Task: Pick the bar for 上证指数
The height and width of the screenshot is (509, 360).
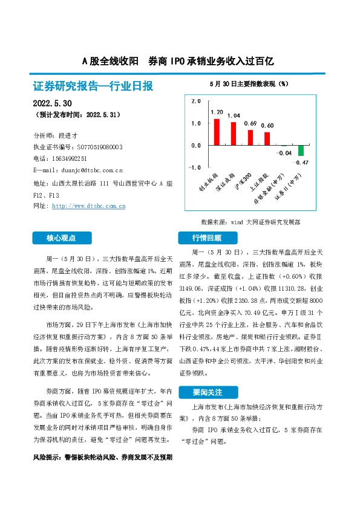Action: (x=267, y=139)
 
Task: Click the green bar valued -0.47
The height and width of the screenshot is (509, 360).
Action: (x=301, y=151)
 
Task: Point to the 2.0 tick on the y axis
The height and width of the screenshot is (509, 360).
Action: (x=195, y=101)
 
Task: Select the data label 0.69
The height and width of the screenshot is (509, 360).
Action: (x=250, y=123)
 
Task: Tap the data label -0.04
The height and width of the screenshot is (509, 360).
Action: (x=284, y=153)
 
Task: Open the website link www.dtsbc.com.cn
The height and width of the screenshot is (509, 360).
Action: (x=89, y=206)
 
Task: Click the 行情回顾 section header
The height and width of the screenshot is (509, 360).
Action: (x=207, y=238)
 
